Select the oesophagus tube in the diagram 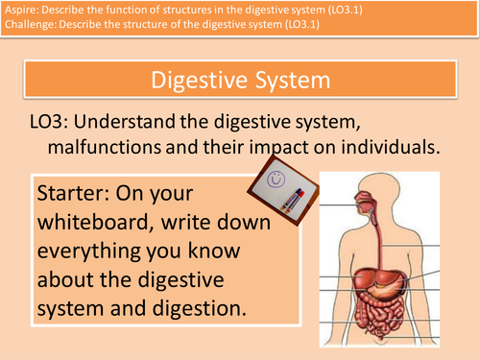[377, 221]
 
